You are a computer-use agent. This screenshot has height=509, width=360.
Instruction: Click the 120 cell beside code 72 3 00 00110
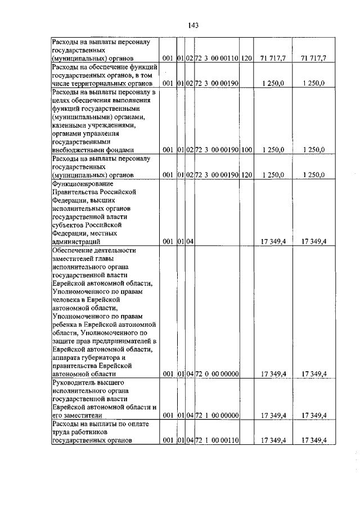[246, 58]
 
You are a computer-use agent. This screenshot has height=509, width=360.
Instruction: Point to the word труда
[60, 432]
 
